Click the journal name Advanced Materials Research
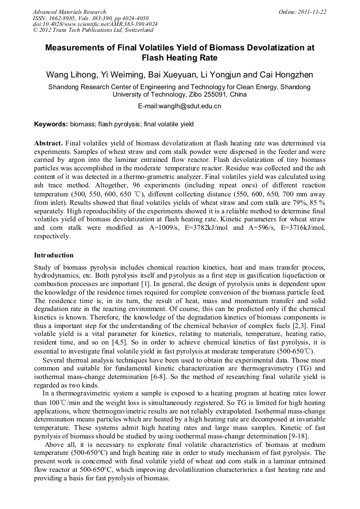click(x=70, y=12)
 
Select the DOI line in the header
click(x=95, y=24)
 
